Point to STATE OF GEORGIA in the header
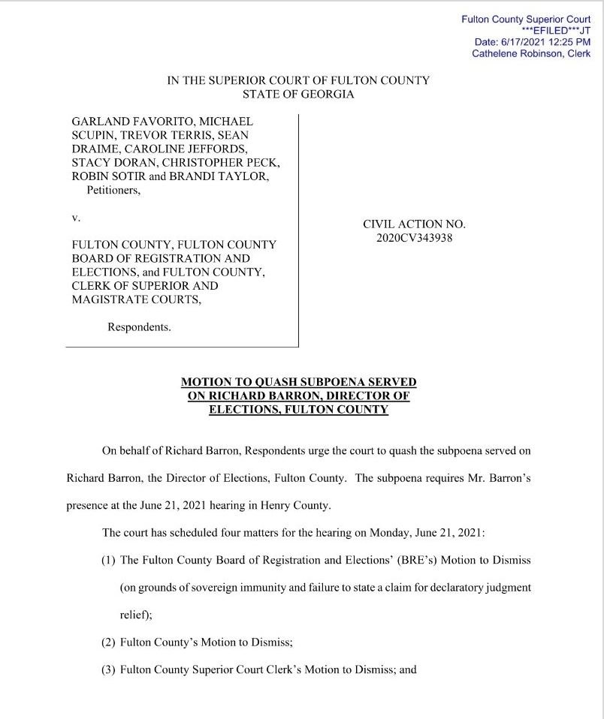298,95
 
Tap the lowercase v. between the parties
75,217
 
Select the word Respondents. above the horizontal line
140,326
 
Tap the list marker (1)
108,561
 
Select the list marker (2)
108,642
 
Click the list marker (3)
108,669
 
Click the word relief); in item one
135,614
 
